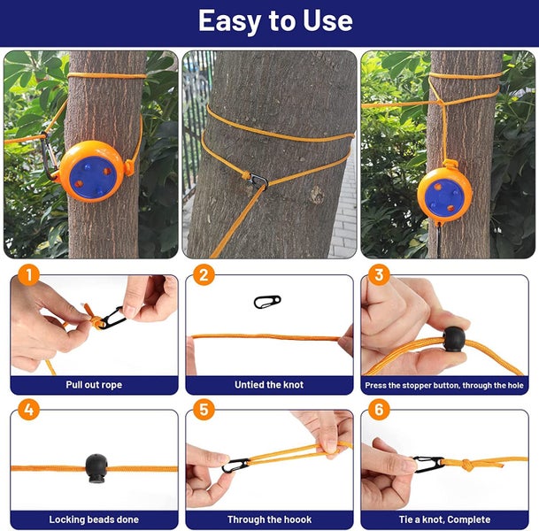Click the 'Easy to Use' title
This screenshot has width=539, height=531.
coord(274,20)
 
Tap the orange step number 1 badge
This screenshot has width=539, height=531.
coord(28,275)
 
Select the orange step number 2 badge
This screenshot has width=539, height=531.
coord(204,275)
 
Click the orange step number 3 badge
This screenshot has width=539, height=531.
coord(380,275)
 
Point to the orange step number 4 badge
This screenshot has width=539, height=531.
coord(28,411)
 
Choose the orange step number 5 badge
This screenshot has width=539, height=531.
coord(204,411)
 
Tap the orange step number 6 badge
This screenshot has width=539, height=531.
coord(380,411)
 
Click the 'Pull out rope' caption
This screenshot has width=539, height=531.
coord(94,385)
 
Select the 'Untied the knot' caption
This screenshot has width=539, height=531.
coord(269,385)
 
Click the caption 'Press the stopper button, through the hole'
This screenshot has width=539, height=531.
coord(444,386)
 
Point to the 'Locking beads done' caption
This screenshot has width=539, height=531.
coord(94,519)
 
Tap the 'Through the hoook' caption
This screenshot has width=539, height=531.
coord(269,519)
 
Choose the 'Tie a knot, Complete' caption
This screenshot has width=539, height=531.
coord(444,519)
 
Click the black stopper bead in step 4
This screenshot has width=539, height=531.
coord(96,466)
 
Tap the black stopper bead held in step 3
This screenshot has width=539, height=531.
coord(453,338)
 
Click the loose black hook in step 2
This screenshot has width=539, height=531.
coord(266,302)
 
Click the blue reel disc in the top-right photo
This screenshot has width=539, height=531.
coord(444,192)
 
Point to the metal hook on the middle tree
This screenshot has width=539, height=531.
coord(258,181)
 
